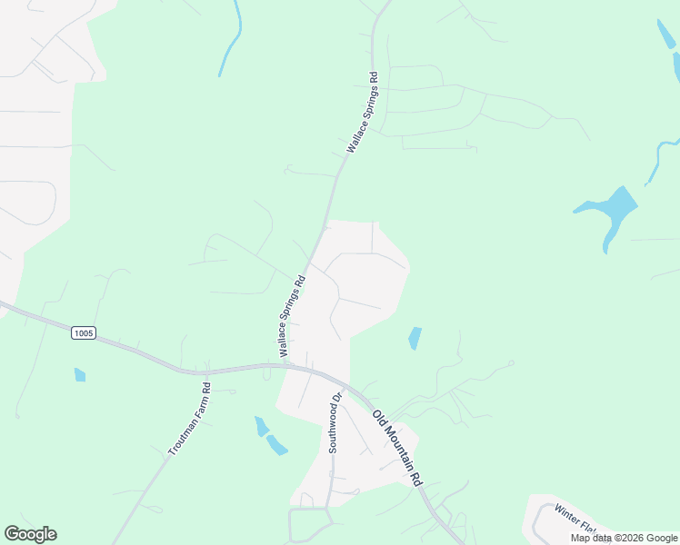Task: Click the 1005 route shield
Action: [84, 333]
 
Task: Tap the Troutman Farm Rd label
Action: [189, 419]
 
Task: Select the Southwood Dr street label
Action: [334, 422]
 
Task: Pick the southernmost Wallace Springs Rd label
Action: [292, 314]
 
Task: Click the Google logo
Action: [30, 534]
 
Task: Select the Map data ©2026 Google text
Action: [624, 538]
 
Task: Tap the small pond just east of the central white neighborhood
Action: [415, 338]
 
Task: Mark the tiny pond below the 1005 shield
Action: [80, 374]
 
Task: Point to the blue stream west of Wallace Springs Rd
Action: [231, 41]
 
